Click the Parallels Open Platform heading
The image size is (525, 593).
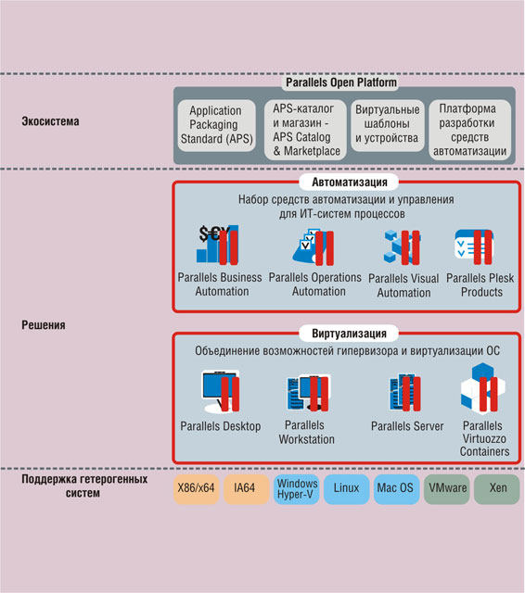[x=341, y=82]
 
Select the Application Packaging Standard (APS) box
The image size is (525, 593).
[x=216, y=125]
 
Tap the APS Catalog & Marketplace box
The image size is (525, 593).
[x=305, y=130]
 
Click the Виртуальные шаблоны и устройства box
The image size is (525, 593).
[x=388, y=125]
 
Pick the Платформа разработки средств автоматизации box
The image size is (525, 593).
[x=469, y=130]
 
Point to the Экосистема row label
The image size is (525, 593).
[x=50, y=121]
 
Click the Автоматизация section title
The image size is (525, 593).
[x=349, y=183]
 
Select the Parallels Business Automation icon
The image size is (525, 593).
[x=218, y=245]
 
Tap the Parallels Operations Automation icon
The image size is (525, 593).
[x=314, y=246]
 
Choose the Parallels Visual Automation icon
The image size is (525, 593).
[x=402, y=246]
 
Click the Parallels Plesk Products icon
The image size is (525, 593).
[x=474, y=246]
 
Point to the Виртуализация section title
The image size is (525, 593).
[x=349, y=334]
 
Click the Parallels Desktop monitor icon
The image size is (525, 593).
[x=220, y=391]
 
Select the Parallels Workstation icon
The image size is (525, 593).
[x=308, y=392]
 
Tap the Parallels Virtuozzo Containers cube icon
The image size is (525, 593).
[x=482, y=389]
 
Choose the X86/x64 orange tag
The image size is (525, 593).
[x=197, y=489]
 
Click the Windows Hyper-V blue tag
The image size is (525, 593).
[x=297, y=489]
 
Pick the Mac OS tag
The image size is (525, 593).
[x=396, y=489]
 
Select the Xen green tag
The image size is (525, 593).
[x=496, y=489]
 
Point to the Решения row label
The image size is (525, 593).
[x=44, y=325]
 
